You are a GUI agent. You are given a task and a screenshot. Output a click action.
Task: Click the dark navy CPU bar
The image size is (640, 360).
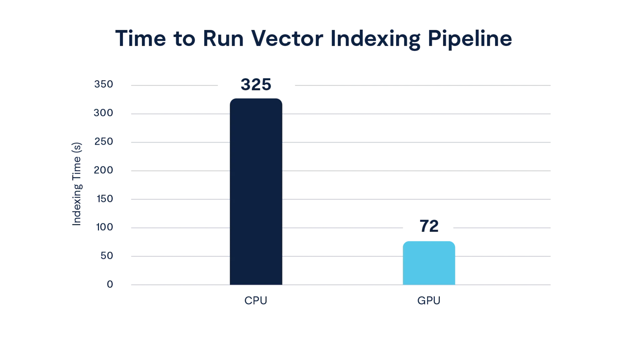256,191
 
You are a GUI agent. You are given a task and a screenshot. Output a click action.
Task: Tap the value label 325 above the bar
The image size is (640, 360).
256,85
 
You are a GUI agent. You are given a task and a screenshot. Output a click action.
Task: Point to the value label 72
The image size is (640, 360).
429,226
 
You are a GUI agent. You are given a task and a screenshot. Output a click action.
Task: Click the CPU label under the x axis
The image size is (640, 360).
255,301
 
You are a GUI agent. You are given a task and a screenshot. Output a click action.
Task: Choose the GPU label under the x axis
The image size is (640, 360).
428,301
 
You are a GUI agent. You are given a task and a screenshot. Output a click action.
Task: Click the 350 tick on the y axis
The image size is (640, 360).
104,84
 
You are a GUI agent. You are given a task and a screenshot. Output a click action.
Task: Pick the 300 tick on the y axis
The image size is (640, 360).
104,113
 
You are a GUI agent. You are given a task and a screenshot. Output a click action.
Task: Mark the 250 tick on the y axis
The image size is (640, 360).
104,142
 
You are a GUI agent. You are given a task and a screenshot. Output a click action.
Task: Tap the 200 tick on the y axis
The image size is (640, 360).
104,171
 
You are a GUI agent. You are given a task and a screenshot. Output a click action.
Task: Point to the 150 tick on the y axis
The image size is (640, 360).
105,199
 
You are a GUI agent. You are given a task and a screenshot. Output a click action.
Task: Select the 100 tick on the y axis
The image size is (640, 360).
105,228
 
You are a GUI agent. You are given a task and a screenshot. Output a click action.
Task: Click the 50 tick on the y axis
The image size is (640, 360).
106,256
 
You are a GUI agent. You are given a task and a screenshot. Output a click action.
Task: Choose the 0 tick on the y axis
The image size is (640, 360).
110,284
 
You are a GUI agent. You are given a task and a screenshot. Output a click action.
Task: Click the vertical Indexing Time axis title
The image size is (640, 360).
77,184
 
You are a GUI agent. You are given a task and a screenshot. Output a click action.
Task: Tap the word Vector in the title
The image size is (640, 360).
287,39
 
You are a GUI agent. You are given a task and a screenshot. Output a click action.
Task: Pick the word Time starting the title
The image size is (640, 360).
141,39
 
